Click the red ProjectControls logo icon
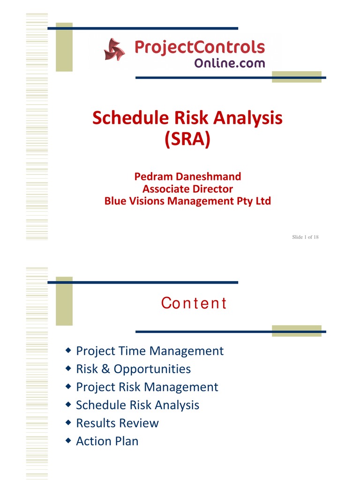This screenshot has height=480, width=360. pos(114,49)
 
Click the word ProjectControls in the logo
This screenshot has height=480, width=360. pos(200,47)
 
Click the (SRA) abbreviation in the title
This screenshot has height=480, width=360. pos(187,139)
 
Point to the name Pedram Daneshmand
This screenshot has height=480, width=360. pos(187,177)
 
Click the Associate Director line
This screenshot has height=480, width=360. pos(187,189)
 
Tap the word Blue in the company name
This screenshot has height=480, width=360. pos(115,201)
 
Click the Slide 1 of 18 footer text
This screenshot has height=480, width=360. pos(305,237)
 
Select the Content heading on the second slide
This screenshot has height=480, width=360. pos(194,303)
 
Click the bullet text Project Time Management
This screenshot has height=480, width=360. pos(150,351)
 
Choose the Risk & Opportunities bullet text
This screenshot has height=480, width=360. pos(133,369)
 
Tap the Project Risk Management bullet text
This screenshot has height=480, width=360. pos(147,387)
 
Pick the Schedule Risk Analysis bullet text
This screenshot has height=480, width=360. pos(137,405)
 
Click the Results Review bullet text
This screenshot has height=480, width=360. pos(117,423)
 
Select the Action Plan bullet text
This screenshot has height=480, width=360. pos(107,441)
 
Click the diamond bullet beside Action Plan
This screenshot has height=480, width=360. pos(68,441)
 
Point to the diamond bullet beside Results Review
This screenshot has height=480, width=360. pos(68,422)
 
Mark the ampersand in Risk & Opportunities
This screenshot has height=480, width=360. pos(105,369)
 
